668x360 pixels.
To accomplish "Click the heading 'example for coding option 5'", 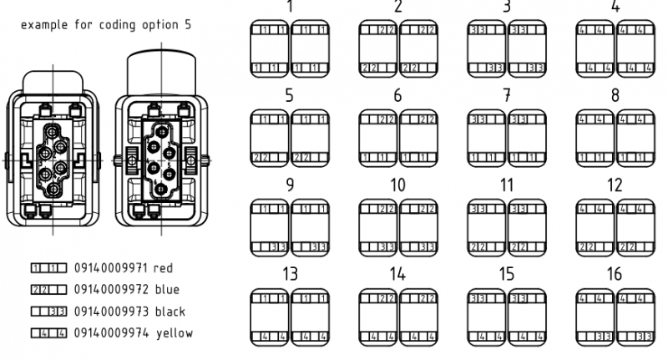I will tap(106, 25).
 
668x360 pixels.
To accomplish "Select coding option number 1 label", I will tap(290, 7).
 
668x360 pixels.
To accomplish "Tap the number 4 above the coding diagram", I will tap(615, 7).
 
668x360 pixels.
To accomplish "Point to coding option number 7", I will tap(507, 95).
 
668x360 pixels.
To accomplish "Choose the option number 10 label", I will tap(397, 185).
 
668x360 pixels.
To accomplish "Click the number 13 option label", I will tap(290, 274).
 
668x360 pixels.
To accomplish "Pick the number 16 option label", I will tap(615, 274).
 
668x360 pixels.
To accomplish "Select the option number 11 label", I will tap(507, 185).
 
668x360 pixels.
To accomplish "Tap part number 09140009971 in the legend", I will tap(110, 269).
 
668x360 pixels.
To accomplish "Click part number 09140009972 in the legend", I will tap(110, 290).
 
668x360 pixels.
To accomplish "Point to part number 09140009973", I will tap(110, 312).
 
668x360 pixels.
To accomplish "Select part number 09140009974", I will tap(110, 333).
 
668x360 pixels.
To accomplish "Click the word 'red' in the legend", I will tap(164, 269).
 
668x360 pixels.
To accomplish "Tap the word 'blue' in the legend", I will tap(167, 290).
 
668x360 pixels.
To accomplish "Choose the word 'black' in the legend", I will tap(170, 312).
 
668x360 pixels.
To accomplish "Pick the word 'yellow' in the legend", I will tap(174, 333).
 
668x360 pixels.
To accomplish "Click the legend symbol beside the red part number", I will tap(48, 269).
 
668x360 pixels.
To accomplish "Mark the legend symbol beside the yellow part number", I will tap(48, 333).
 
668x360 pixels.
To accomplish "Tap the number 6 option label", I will tap(397, 95).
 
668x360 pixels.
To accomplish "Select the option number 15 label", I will tap(507, 274).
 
